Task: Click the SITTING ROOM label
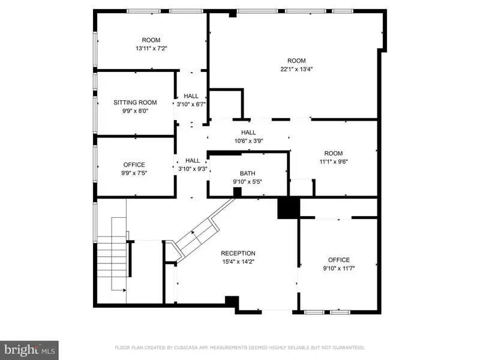[x=135, y=103]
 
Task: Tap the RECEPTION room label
[x=238, y=253]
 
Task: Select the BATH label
[x=247, y=173]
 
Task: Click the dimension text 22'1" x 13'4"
[x=296, y=69]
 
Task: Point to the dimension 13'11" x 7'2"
[x=151, y=49]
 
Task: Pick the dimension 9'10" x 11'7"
[x=339, y=268]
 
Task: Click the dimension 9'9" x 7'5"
[x=134, y=173]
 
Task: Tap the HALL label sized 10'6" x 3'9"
[x=248, y=133]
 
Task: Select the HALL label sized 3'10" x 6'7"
[x=191, y=96]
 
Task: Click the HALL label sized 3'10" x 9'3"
[x=193, y=160]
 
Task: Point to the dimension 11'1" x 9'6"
[x=334, y=161]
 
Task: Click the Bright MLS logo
[x=29, y=350]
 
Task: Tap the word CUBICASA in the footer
[x=185, y=347]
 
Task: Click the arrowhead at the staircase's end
[x=124, y=290]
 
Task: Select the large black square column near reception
[x=288, y=208]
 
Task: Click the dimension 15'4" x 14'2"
[x=238, y=262]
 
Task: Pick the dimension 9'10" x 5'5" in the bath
[x=247, y=182]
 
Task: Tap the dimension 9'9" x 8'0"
[x=135, y=111]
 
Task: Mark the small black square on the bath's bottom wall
[x=237, y=192]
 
